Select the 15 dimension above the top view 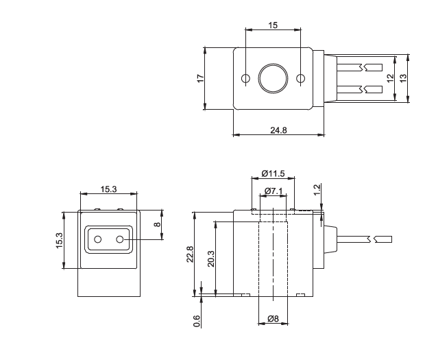pyautogui.click(x=274, y=25)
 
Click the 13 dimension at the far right pyautogui.click(x=403, y=79)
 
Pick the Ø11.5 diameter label pyautogui.click(x=274, y=173)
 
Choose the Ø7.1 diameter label pyautogui.click(x=274, y=190)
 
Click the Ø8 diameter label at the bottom pyautogui.click(x=272, y=318)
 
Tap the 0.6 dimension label pyautogui.click(x=197, y=320)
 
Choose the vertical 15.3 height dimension pyautogui.click(x=60, y=241)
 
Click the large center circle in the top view pyautogui.click(x=273, y=79)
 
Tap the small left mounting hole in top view pyautogui.click(x=246, y=79)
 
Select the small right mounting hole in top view pyautogui.click(x=300, y=79)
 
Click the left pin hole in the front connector pyautogui.click(x=98, y=239)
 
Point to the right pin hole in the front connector pyautogui.click(x=120, y=239)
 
